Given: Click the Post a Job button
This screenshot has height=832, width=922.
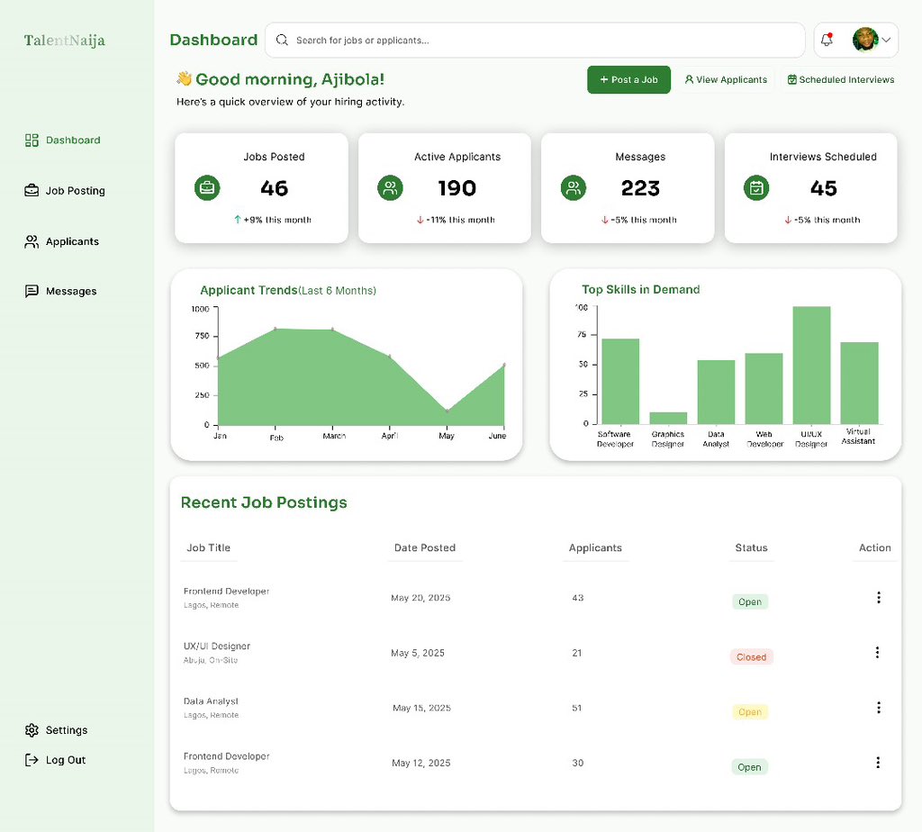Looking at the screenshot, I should click(628, 79).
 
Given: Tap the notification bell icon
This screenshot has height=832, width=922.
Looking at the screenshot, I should click(827, 40).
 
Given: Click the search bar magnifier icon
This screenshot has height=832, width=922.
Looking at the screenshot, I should click(282, 40).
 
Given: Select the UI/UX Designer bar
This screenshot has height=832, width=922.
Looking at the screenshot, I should click(811, 365).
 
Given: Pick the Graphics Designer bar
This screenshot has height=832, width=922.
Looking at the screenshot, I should click(668, 418).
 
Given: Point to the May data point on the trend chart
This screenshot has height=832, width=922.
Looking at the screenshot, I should click(447, 411).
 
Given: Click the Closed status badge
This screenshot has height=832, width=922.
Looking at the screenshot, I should click(751, 657).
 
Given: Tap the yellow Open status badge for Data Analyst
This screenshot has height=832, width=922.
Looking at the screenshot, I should click(750, 712).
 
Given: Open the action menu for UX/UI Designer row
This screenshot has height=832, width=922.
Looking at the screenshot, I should click(879, 652).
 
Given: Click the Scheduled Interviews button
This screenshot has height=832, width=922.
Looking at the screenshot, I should click(840, 79).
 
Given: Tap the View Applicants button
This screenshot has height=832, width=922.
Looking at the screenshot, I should click(726, 79).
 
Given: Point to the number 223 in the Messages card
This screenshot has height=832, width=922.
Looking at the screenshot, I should click(640, 188).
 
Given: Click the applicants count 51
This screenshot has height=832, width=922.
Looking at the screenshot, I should click(577, 708).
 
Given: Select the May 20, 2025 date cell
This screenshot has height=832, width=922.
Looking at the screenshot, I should click(420, 598).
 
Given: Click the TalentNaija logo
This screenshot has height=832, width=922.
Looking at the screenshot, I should click(64, 41).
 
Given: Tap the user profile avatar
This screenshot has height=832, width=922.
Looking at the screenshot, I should click(864, 40).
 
